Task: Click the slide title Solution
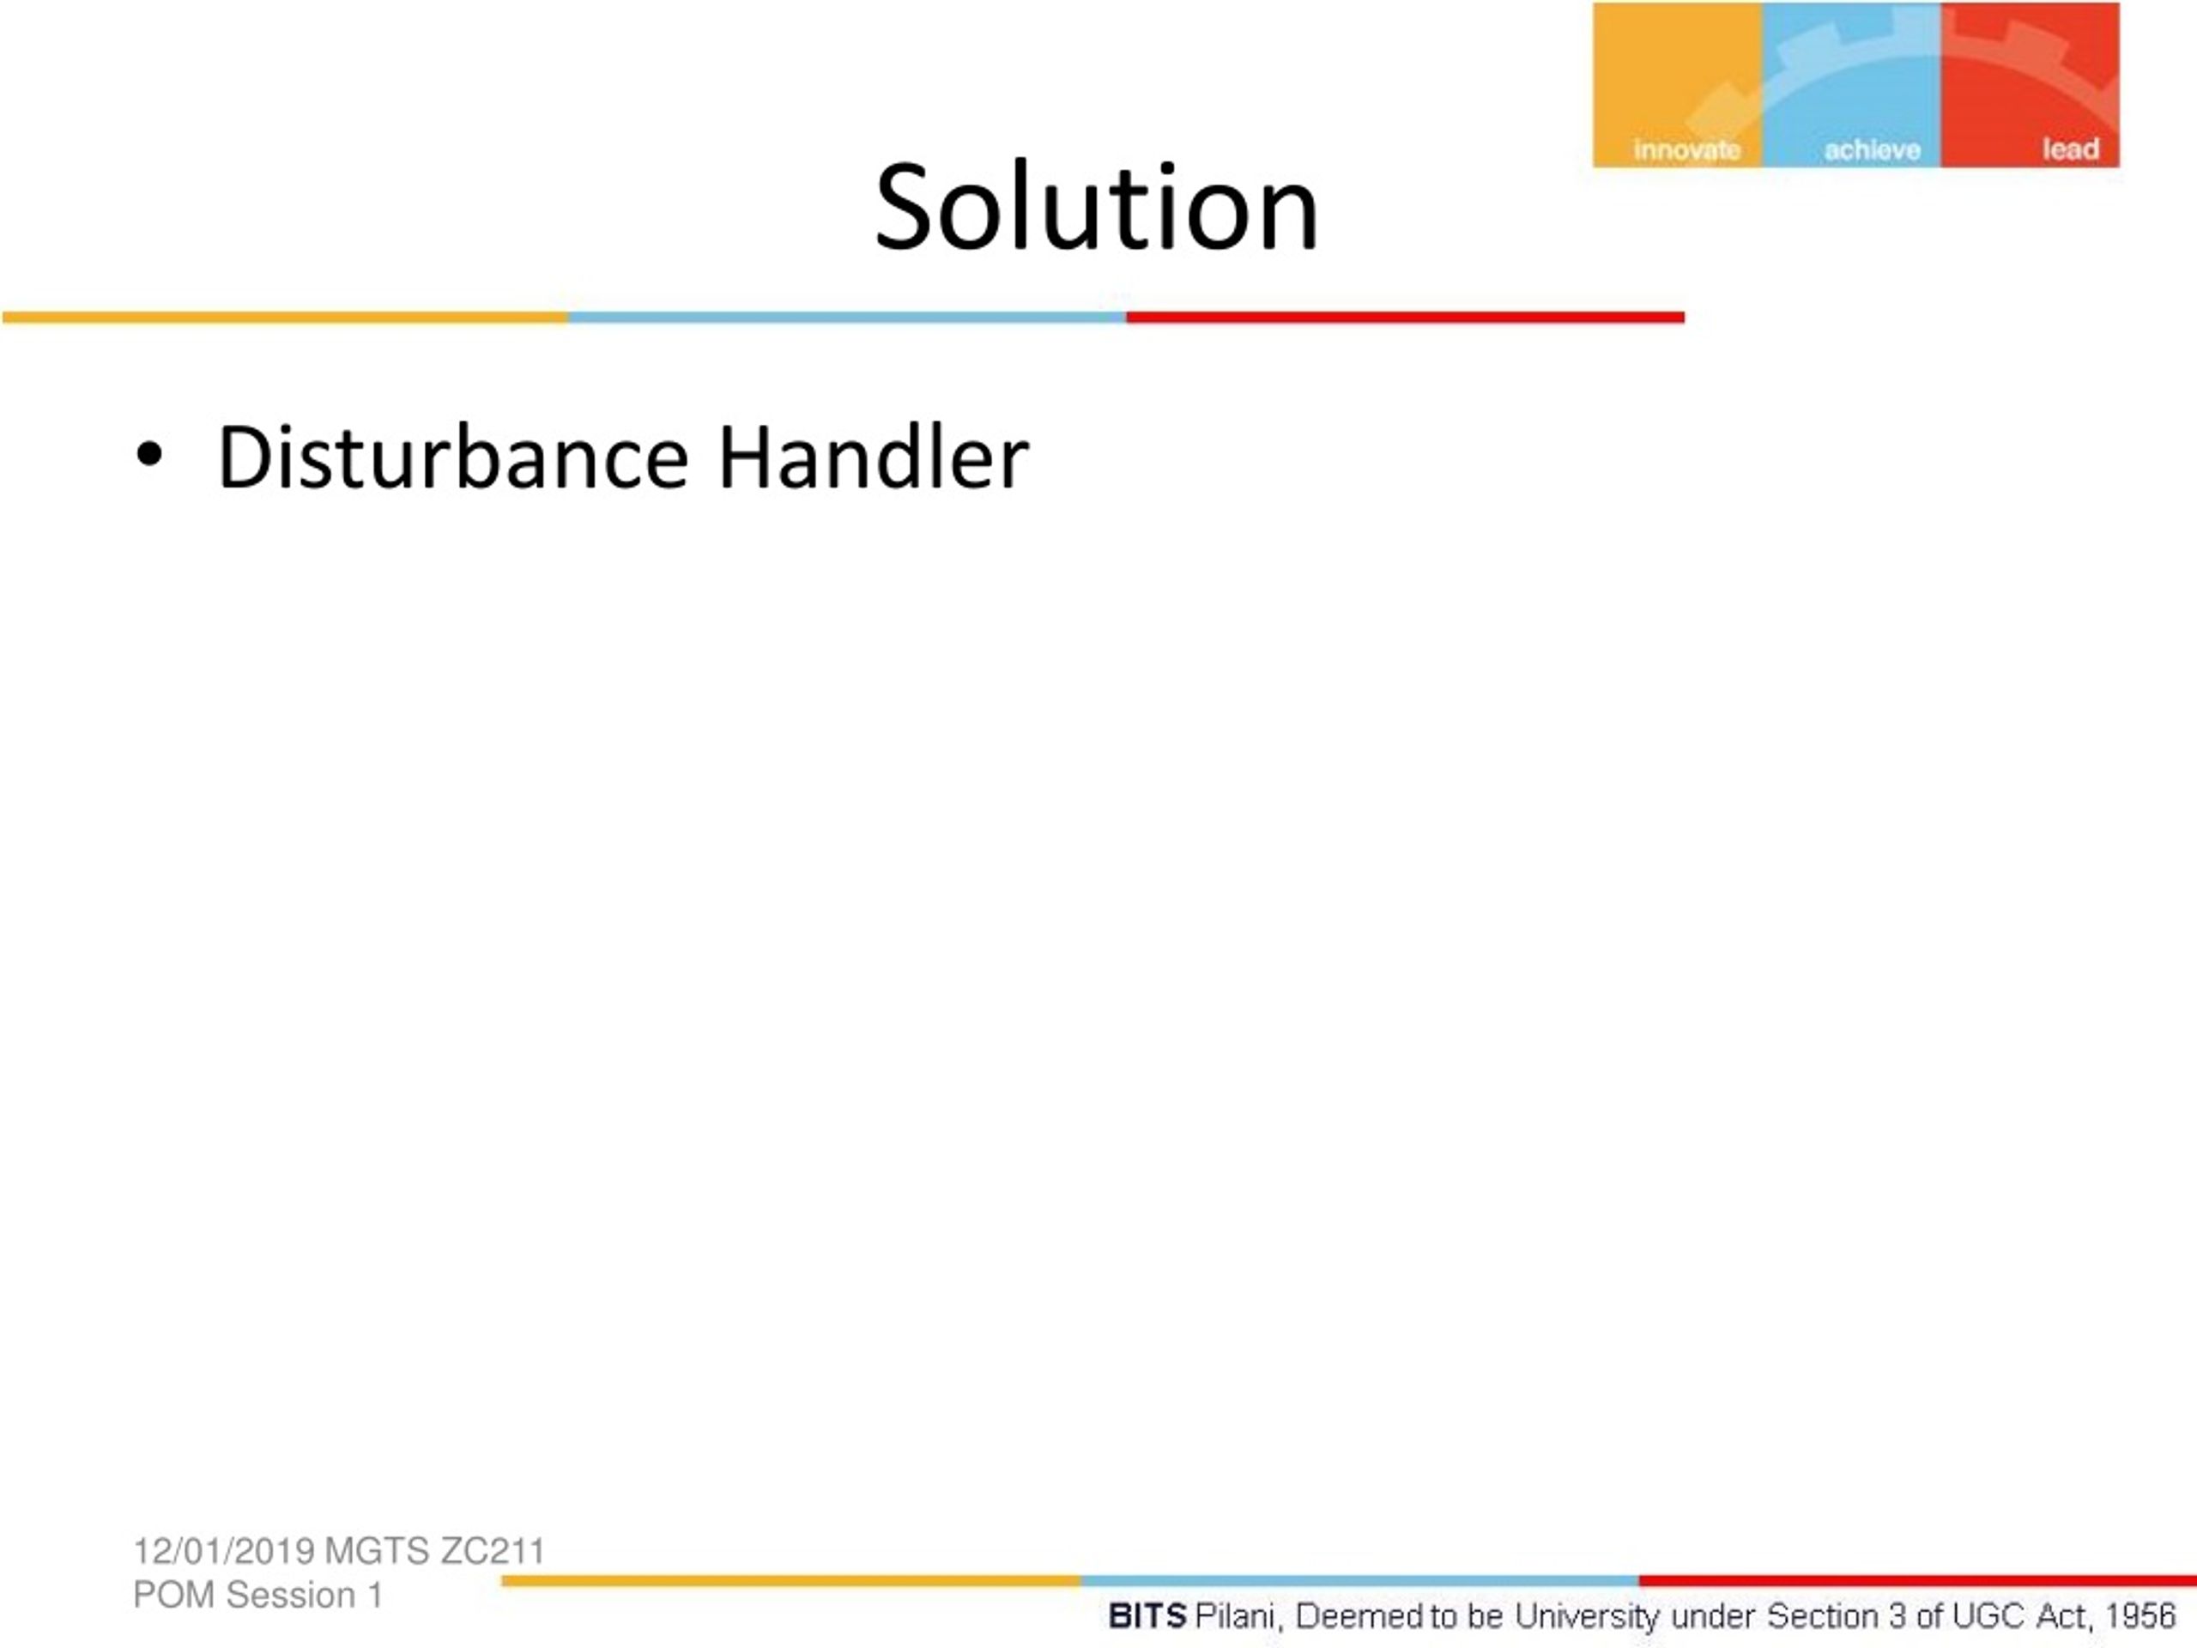point(1097,208)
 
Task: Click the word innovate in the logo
point(1686,150)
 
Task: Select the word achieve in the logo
point(1873,150)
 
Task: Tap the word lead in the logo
point(2071,149)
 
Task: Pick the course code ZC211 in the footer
point(493,1551)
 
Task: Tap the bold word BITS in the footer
point(1147,1616)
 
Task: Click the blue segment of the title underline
point(847,318)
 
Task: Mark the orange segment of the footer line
point(790,1580)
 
